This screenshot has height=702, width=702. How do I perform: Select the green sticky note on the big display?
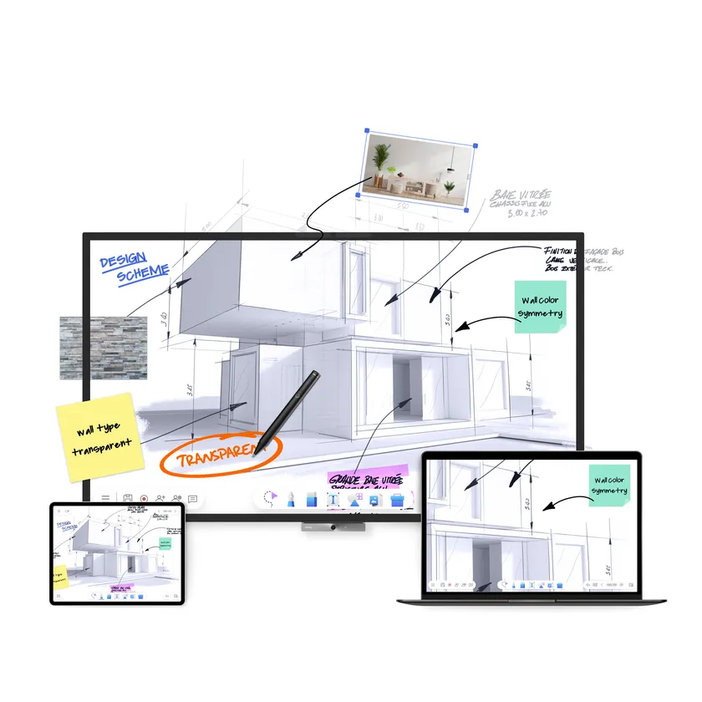click(539, 306)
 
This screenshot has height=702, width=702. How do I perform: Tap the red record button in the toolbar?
click(145, 499)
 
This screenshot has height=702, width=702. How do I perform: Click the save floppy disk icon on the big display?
click(128, 499)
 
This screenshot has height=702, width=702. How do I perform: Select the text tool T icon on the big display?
click(332, 500)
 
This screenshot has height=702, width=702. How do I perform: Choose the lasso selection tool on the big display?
click(270, 499)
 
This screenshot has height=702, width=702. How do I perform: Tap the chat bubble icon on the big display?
click(192, 499)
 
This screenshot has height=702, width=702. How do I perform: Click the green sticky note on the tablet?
click(163, 543)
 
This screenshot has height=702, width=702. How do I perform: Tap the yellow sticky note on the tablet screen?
click(59, 577)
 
